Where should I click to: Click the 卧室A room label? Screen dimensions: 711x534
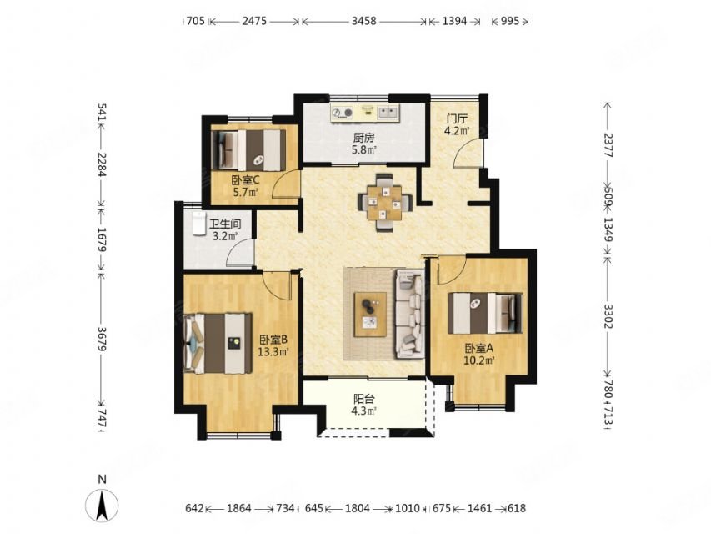coord(478,348)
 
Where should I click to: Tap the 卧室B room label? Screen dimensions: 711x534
coord(273,340)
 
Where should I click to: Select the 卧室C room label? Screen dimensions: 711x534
coord(245,180)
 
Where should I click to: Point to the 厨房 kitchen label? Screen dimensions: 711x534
coord(363,137)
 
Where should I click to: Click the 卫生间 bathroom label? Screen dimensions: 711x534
coord(225,224)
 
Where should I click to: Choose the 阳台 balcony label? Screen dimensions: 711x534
coord(364,400)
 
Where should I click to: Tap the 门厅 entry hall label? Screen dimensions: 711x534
coord(457,119)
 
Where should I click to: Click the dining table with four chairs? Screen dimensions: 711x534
coord(385,203)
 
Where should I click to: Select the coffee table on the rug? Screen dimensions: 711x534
coord(370,315)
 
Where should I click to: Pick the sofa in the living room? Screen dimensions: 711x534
coord(410,314)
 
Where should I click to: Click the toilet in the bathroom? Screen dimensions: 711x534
coord(198,223)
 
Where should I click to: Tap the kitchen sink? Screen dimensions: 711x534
coord(388,112)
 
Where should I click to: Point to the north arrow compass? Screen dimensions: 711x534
coord(102,505)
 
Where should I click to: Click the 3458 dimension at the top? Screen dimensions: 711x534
coord(364,21)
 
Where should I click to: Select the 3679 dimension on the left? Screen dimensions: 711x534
coord(102,340)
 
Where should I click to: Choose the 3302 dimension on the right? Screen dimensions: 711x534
coord(608,316)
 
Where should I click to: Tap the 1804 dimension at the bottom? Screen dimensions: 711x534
coord(358,508)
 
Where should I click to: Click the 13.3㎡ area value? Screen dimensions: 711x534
coord(273,351)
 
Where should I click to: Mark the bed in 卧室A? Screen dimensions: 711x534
coord(485,314)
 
